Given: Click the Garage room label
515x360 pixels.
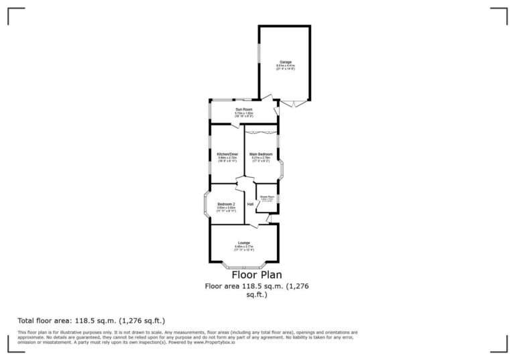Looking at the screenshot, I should [286, 62].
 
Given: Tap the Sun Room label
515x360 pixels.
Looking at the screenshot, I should [243, 109].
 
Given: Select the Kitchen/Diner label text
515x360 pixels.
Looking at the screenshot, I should [227, 154].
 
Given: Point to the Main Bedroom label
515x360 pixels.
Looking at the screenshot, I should [261, 154].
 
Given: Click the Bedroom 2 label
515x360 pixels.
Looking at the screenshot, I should [226, 204].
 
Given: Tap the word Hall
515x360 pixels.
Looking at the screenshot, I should [250, 204].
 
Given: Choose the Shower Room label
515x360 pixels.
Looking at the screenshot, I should [268, 196].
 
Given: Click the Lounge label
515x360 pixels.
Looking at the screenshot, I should [244, 243].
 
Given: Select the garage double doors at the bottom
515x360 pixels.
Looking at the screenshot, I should [292, 103].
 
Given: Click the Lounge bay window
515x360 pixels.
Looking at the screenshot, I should [244, 265].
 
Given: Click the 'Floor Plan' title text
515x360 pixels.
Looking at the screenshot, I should [257, 274].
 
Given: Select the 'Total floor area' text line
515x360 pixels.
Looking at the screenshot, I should [91, 320].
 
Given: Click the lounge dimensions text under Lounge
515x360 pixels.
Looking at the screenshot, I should [244, 248].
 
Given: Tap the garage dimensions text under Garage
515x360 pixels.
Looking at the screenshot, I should [286, 67].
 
